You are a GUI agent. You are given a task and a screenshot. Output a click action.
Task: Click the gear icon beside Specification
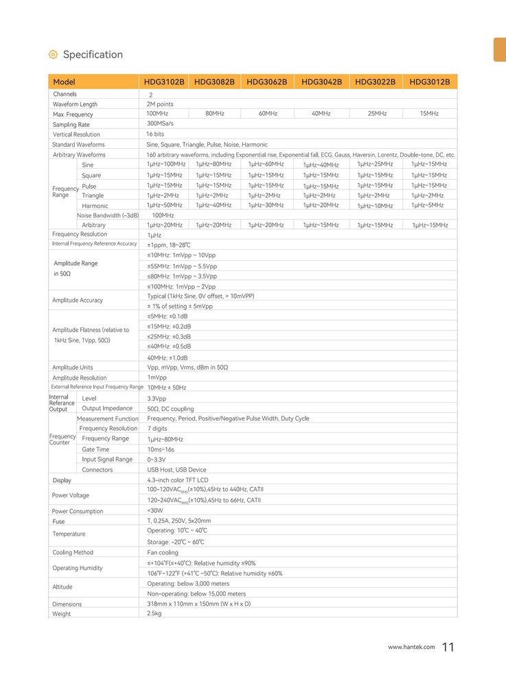point(53,55)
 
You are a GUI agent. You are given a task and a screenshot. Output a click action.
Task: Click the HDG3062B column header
point(266,82)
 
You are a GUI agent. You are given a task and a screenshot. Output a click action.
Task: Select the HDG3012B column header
point(429,82)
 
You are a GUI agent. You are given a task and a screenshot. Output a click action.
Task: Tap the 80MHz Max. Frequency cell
point(215,113)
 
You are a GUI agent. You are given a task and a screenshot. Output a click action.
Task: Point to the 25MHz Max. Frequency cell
point(376,113)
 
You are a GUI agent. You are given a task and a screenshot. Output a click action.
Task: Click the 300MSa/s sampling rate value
point(161,123)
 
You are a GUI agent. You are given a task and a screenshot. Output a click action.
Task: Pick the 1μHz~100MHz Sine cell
point(166,164)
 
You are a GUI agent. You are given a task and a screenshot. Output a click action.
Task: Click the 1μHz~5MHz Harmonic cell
point(427,205)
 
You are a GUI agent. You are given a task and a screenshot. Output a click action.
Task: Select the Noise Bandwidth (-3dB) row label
point(108,215)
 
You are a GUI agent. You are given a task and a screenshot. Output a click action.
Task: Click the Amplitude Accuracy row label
point(78,300)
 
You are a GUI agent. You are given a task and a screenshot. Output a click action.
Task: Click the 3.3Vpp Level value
point(157,399)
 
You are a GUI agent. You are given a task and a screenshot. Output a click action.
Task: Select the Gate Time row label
point(95,449)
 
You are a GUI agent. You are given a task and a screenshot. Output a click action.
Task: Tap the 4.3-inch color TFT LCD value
point(178,480)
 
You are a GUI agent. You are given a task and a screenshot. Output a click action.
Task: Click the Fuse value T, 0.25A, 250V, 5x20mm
point(179,521)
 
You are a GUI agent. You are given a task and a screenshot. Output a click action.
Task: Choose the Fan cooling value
point(163,552)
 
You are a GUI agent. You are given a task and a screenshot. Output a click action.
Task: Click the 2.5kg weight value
point(154,613)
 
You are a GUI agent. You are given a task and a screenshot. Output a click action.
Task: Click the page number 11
point(448,647)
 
